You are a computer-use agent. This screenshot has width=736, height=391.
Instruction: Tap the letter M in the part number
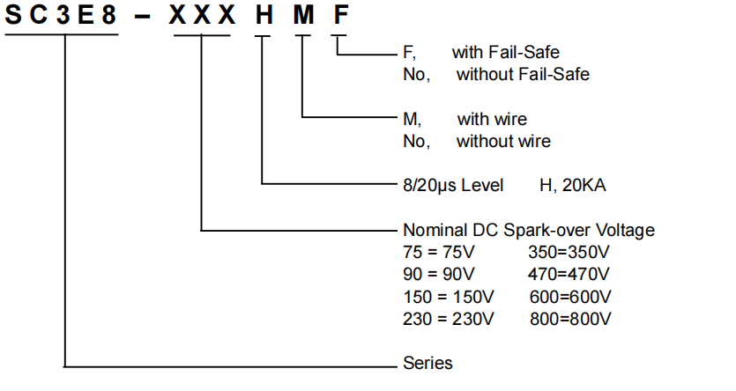pyautogui.click(x=301, y=16)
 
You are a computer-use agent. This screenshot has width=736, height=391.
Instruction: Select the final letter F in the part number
pyautogui.click(x=339, y=16)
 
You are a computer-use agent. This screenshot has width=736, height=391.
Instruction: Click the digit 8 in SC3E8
pyautogui.click(x=109, y=16)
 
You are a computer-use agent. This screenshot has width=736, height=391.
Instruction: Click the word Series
pyautogui.click(x=427, y=362)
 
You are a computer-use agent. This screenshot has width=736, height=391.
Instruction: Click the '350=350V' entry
pyautogui.click(x=569, y=252)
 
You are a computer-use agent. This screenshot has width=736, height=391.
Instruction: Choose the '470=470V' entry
pyautogui.click(x=569, y=273)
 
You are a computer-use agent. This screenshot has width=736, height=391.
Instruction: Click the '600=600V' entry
pyautogui.click(x=571, y=295)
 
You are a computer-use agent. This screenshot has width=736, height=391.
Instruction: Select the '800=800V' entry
pyautogui.click(x=571, y=317)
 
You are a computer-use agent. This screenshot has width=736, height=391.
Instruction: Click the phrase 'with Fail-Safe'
pyautogui.click(x=506, y=53)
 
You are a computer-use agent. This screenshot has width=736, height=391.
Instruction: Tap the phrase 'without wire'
pyautogui.click(x=503, y=141)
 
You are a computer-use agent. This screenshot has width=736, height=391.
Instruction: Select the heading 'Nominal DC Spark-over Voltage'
pyautogui.click(x=529, y=231)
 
